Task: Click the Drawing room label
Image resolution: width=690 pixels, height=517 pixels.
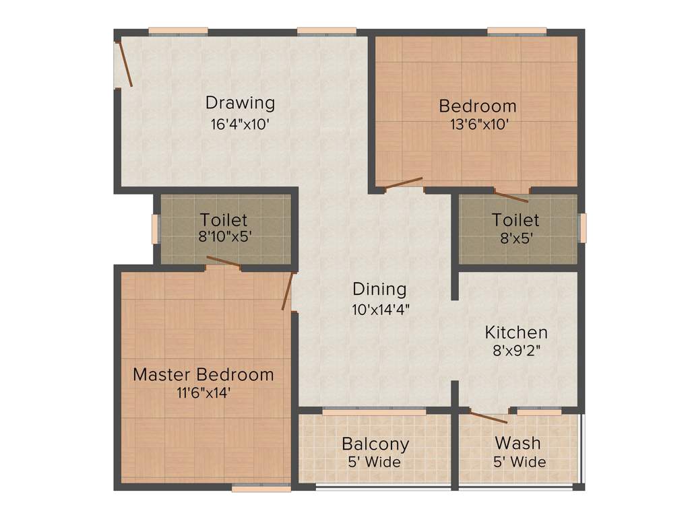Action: (240, 103)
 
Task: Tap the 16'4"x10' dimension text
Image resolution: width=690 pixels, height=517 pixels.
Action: (240, 124)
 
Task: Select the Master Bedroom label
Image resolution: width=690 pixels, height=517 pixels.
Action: (203, 374)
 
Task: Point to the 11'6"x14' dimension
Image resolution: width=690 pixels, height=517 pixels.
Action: (203, 394)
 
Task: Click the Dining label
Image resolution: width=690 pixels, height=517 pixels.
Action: (379, 289)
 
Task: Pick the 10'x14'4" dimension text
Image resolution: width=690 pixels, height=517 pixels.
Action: (379, 309)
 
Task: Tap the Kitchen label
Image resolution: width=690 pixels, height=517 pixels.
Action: (516, 332)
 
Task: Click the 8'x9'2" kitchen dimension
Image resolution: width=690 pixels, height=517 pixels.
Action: (516, 351)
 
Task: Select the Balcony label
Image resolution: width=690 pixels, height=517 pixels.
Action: (375, 444)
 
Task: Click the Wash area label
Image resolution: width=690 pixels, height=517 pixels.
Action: (517, 443)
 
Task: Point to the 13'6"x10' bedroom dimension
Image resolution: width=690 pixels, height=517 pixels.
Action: (478, 125)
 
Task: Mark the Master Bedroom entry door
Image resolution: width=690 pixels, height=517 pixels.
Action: (288, 291)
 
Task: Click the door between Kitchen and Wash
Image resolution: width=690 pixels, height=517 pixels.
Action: (489, 416)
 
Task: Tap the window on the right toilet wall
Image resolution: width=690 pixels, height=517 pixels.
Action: (583, 226)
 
